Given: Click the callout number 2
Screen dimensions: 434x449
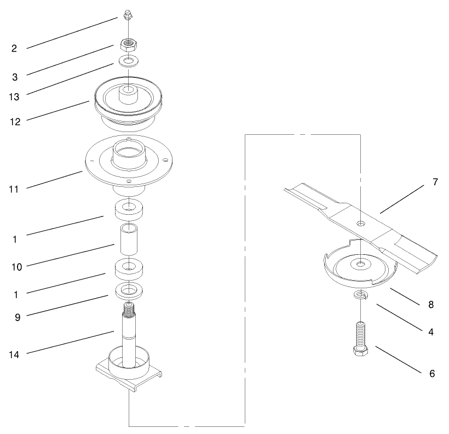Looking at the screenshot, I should (14, 48).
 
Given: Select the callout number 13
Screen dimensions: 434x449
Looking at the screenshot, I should (14, 96).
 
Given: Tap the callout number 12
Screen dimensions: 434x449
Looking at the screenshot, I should (14, 122).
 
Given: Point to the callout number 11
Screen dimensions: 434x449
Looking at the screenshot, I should (14, 189).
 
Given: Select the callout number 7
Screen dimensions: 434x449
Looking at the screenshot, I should (435, 182).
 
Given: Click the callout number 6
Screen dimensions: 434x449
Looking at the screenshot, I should (432, 374).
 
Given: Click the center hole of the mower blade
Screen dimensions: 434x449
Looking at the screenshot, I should (360, 223).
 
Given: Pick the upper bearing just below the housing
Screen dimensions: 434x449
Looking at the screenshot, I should (129, 209).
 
